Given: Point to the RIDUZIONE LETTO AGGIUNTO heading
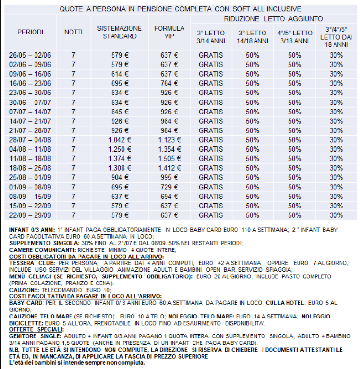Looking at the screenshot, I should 273,19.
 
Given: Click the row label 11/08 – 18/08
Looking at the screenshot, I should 30,158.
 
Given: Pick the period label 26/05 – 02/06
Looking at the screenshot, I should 30,55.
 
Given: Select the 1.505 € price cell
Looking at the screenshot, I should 169,158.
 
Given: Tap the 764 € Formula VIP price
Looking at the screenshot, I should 169,83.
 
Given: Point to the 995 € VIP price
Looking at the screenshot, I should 169,177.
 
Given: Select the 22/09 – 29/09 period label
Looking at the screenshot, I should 30,215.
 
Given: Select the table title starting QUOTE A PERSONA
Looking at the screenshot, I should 180,9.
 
